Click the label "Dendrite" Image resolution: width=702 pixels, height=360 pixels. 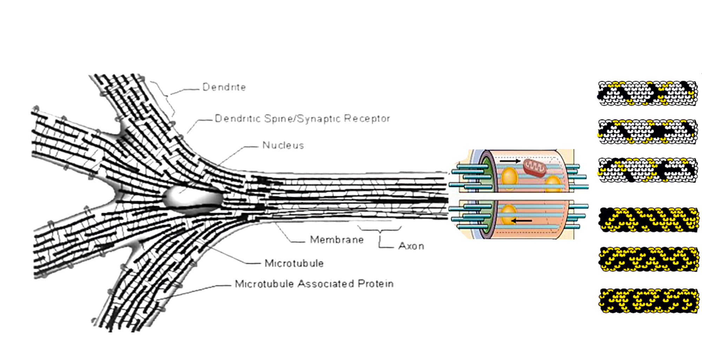click(x=224, y=87)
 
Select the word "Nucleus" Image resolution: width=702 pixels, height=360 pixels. click(x=283, y=145)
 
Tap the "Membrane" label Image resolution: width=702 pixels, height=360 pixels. click(x=337, y=240)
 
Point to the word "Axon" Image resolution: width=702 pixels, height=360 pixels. click(x=411, y=246)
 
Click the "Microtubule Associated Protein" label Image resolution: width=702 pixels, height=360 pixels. click(x=314, y=284)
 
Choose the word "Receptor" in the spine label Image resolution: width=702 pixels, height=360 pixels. click(x=367, y=119)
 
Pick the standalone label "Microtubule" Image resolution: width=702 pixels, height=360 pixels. click(x=294, y=263)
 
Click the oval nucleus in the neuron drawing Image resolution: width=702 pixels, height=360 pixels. click(x=193, y=199)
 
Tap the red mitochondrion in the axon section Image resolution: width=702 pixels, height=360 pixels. click(x=534, y=168)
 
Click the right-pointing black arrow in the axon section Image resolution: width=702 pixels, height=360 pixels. click(x=510, y=161)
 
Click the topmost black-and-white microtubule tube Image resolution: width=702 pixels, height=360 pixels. click(x=647, y=93)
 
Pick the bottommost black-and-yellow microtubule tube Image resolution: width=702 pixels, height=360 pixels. click(x=649, y=301)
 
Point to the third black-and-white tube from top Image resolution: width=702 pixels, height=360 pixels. click(x=647, y=170)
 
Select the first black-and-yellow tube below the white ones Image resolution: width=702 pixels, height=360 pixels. click(x=649, y=220)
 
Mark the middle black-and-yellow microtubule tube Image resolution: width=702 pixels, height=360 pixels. click(x=649, y=259)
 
